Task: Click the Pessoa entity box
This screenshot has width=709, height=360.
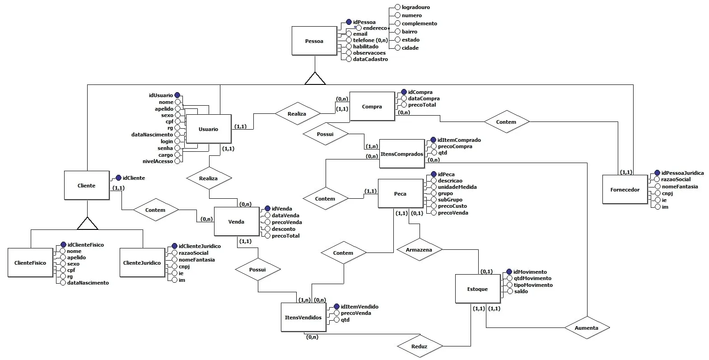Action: click(x=314, y=41)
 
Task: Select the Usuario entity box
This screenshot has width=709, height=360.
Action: click(x=208, y=129)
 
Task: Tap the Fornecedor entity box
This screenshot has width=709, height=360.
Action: click(x=625, y=190)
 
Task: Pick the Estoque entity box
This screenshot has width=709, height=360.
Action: click(x=477, y=289)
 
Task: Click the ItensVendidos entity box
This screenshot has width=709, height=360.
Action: click(x=303, y=318)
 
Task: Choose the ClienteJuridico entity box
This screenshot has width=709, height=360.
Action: click(x=142, y=263)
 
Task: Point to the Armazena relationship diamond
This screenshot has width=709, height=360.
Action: click(x=419, y=250)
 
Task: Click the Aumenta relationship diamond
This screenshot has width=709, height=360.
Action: click(x=586, y=328)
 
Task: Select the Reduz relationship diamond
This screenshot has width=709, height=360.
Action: click(x=419, y=346)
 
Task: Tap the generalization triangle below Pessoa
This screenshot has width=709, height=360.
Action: click(x=315, y=79)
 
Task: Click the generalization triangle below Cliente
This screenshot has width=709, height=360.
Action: click(x=88, y=224)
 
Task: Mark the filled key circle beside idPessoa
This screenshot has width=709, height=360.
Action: click(x=349, y=22)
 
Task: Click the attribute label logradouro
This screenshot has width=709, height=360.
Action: click(x=415, y=7)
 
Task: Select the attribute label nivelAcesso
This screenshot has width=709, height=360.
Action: click(x=158, y=161)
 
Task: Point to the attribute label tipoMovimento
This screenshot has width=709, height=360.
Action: click(x=533, y=285)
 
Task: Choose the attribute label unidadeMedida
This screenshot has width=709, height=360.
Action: click(x=457, y=187)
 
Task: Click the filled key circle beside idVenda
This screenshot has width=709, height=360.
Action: click(x=267, y=209)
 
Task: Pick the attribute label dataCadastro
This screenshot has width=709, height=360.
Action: click(x=370, y=59)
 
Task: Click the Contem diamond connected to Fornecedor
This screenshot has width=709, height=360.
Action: click(x=506, y=122)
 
